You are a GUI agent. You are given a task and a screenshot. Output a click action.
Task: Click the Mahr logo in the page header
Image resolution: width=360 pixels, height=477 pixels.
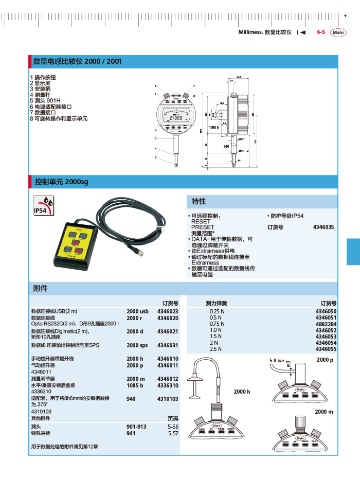(x=338, y=32)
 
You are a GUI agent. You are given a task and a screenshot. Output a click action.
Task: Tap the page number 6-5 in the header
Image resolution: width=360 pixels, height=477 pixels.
(x=321, y=32)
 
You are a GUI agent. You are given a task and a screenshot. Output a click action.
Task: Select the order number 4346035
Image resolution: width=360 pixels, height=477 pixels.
(x=323, y=226)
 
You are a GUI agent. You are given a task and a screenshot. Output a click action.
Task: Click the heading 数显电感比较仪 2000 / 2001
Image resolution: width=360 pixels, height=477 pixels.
(x=77, y=62)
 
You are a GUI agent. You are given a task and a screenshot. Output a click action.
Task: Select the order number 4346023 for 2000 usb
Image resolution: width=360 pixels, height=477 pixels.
(x=168, y=311)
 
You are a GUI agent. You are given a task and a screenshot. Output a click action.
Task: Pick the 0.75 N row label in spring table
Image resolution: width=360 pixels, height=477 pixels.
(x=217, y=324)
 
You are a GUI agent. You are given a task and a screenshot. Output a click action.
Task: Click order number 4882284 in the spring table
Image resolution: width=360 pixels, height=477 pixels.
(x=326, y=324)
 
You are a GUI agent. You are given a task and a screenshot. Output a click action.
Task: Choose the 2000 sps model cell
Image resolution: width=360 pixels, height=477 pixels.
(x=137, y=345)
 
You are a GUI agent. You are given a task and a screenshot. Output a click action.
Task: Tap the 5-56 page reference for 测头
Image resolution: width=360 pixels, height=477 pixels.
(x=173, y=427)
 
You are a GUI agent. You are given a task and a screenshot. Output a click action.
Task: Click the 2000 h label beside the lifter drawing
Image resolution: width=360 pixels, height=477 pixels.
(x=242, y=392)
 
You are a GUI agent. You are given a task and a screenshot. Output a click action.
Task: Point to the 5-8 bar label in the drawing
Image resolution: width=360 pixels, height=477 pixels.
(x=277, y=361)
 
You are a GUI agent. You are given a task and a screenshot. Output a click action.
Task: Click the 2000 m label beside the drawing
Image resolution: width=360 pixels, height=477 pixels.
(x=324, y=412)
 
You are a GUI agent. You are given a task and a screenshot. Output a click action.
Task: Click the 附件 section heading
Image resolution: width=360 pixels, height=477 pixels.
(x=40, y=288)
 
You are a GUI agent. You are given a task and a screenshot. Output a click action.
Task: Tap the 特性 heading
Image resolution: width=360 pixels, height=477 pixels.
(x=199, y=201)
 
